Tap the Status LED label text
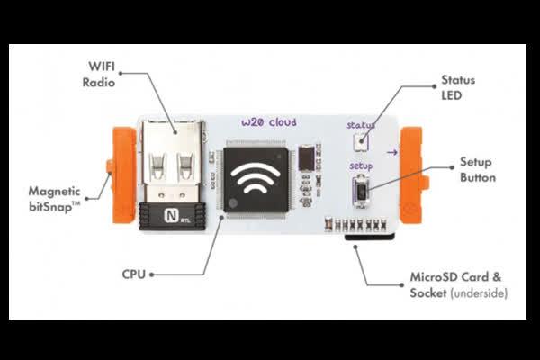coord(458,88)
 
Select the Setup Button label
coord(477,170)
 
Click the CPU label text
coord(133,272)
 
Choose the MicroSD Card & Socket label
coord(458,286)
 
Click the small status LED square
coord(362,141)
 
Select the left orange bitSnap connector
coord(121,177)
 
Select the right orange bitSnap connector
coord(411,175)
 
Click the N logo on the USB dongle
coord(171,216)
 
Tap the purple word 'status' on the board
coord(361,125)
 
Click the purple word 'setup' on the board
coord(361,166)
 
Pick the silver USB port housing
coord(172,166)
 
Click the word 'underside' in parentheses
coord(483,294)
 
